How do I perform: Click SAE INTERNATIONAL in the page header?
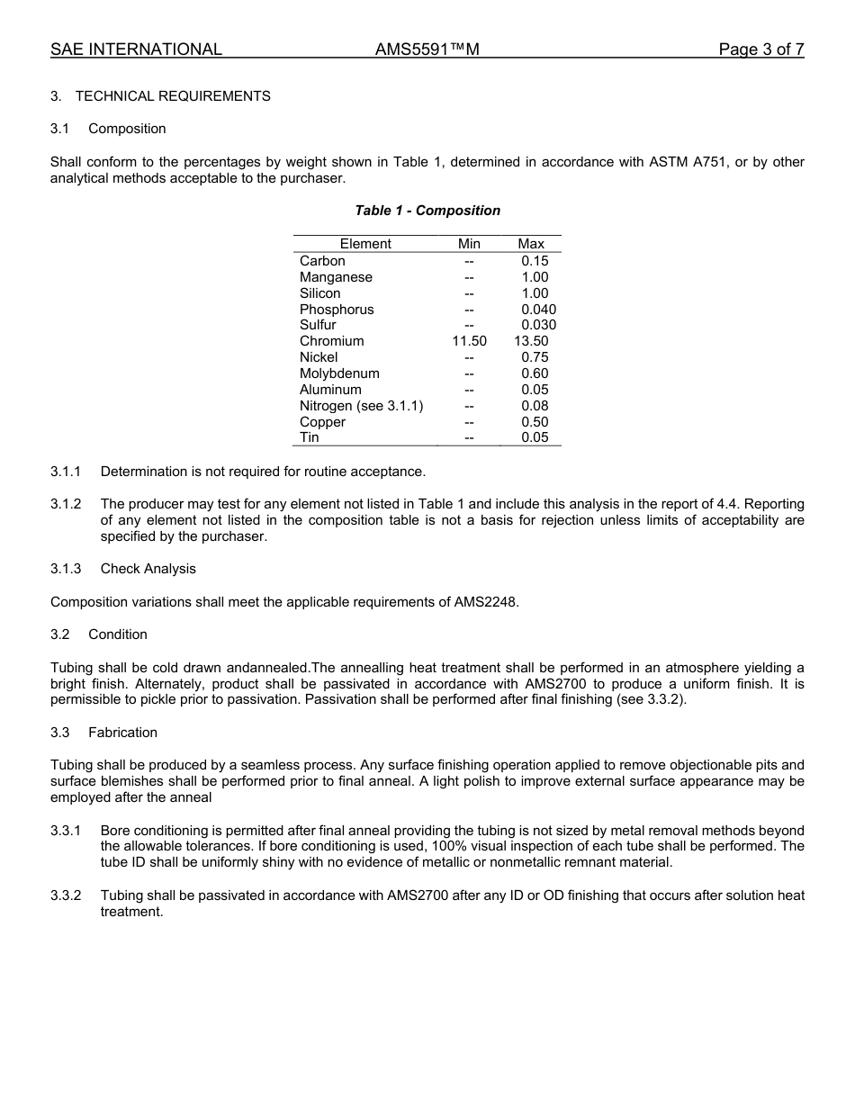tap(136, 49)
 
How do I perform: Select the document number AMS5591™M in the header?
tap(427, 49)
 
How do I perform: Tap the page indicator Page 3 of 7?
tap(760, 49)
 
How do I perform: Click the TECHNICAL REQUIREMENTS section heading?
tap(173, 96)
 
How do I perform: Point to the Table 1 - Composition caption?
tap(427, 211)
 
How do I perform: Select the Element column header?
tap(365, 244)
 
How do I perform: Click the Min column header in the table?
tap(469, 244)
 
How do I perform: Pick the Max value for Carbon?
tap(535, 261)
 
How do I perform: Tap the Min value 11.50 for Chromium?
tap(469, 341)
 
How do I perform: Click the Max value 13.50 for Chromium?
tap(531, 341)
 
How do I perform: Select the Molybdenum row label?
tap(339, 373)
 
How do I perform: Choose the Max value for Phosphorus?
tap(538, 310)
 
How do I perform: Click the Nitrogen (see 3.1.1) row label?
tap(361, 406)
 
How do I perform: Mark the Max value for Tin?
tap(535, 437)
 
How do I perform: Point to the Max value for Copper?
tap(535, 422)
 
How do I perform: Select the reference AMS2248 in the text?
tap(483, 602)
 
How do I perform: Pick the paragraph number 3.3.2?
tap(66, 895)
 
